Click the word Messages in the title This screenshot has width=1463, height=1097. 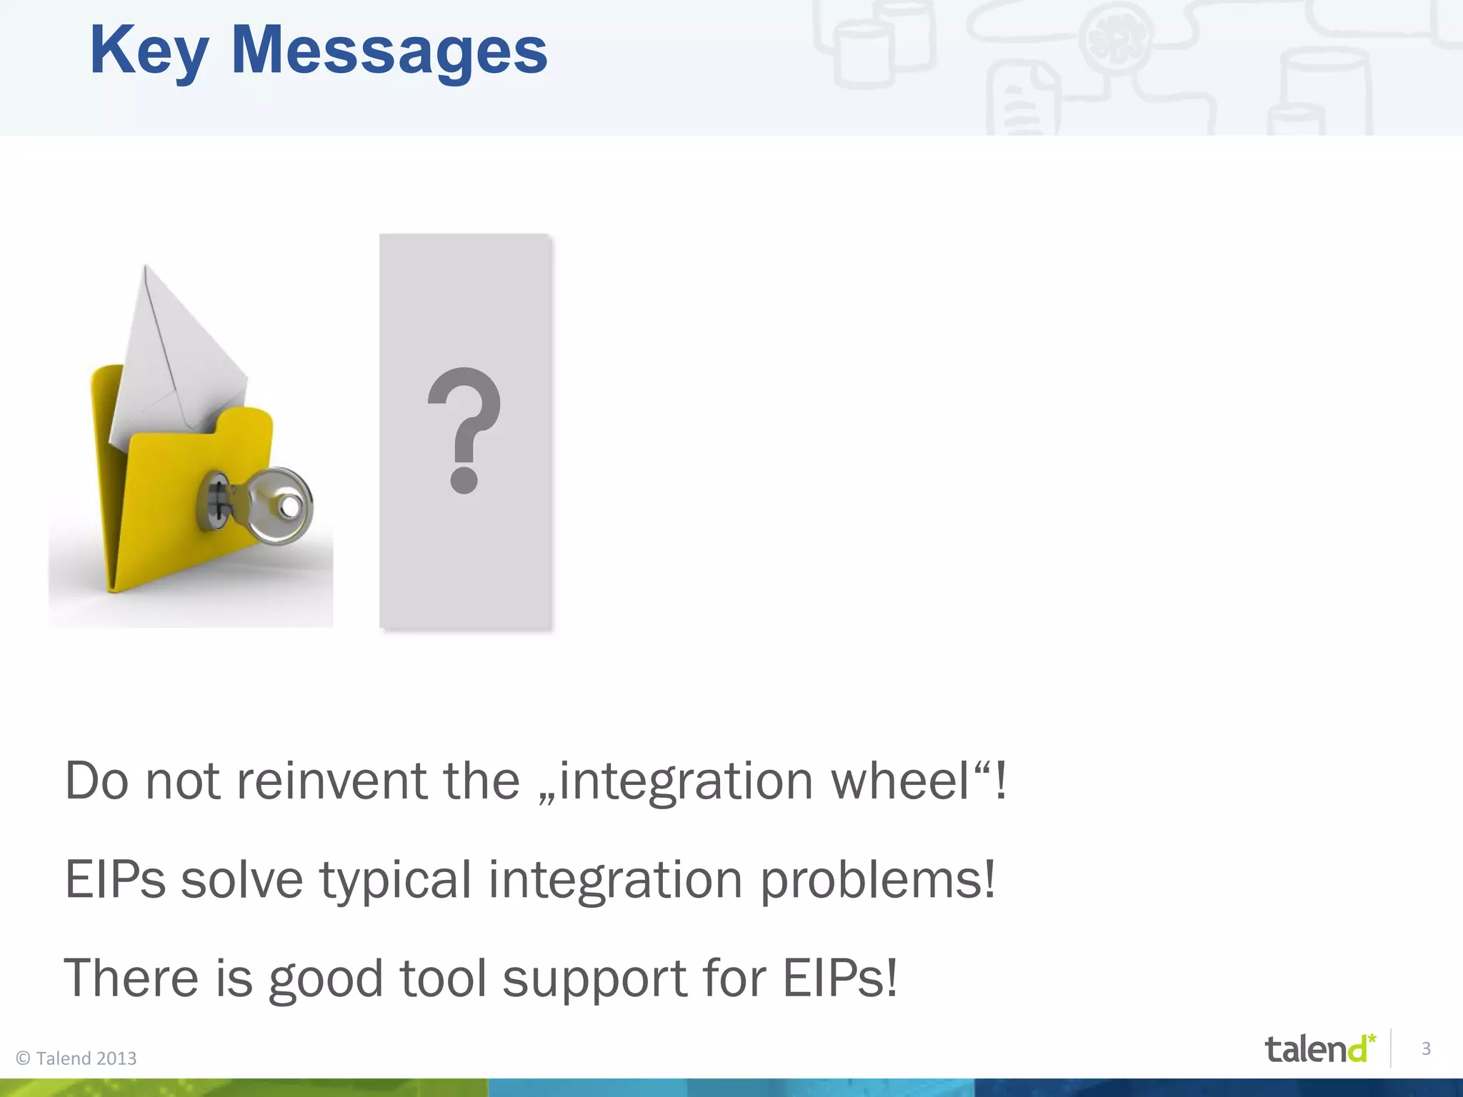coord(389,51)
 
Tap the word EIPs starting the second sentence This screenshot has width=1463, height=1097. coord(114,879)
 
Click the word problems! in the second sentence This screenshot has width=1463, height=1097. coord(877,881)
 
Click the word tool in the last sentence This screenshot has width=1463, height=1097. coord(443,978)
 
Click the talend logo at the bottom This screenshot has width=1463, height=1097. coord(1319,1048)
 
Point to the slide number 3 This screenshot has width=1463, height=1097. coord(1426,1048)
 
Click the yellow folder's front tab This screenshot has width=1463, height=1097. coord(243,421)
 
